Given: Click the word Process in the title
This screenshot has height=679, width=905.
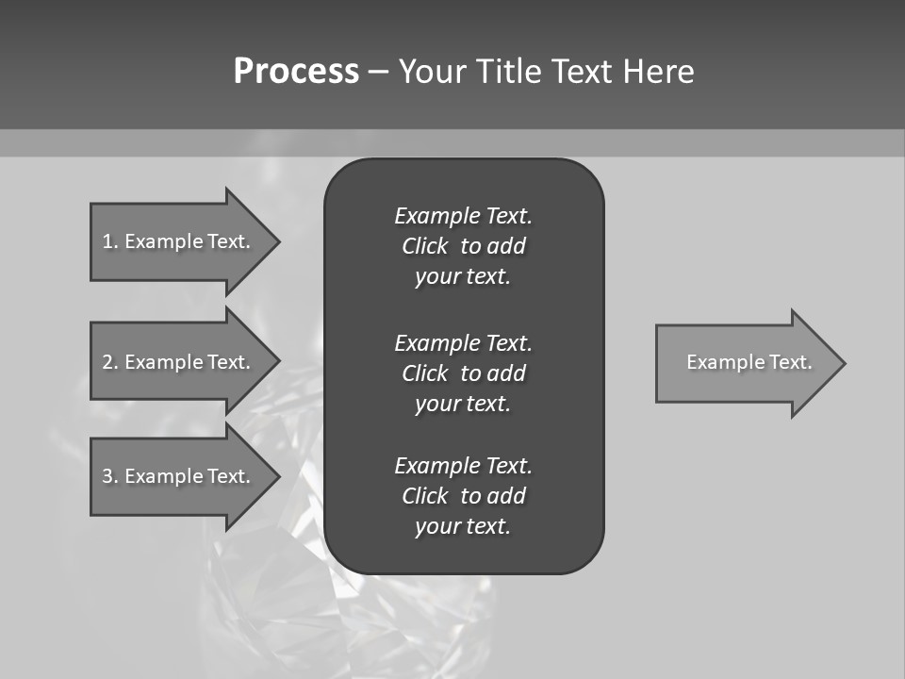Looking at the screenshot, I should [296, 72].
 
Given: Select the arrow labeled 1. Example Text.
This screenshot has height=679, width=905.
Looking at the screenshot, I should [179, 241].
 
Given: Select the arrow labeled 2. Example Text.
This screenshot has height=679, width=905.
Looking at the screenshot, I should [179, 362].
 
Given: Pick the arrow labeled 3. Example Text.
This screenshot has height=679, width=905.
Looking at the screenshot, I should [179, 476].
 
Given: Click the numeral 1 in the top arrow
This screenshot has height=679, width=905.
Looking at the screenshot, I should [107, 241].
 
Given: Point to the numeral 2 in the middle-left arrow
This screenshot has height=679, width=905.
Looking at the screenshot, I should [107, 362].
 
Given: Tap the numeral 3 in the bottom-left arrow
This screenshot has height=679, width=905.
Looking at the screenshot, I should [107, 476].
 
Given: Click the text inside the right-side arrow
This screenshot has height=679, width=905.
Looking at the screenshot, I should [749, 362].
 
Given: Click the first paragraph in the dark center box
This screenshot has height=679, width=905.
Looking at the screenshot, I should [463, 246].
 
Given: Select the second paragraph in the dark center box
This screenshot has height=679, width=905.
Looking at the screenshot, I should [463, 373].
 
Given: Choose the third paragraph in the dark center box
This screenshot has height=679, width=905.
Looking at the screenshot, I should [463, 496].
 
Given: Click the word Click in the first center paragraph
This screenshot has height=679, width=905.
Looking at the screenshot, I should [424, 246].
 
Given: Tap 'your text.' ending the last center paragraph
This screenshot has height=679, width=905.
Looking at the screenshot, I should [463, 527].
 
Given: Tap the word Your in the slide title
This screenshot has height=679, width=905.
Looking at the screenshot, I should [435, 72].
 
